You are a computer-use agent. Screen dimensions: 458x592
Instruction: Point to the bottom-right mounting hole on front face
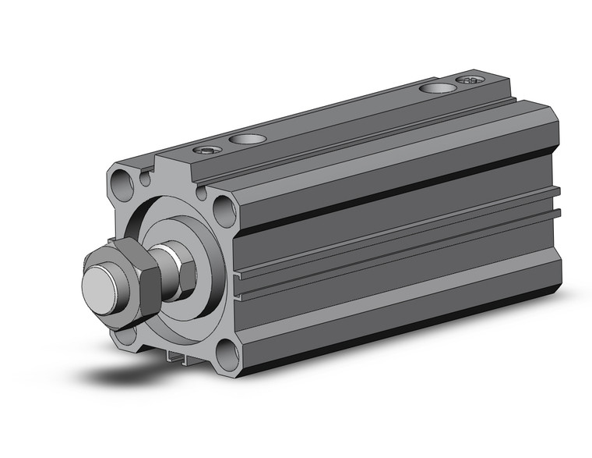pos(226,355)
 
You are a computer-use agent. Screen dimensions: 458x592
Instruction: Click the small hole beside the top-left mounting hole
pos(145,177)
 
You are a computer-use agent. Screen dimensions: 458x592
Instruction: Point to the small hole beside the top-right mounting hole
pos(203,192)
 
